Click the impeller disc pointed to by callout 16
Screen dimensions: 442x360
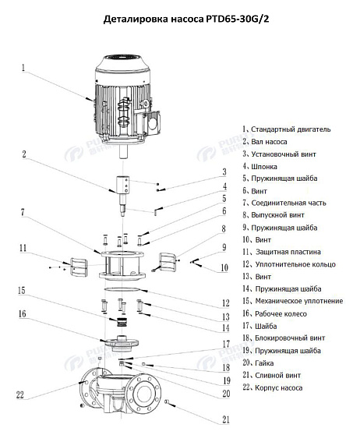(x=120, y=341)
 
